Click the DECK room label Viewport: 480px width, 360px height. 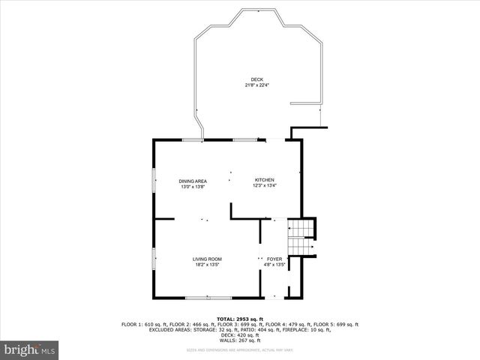point(256,80)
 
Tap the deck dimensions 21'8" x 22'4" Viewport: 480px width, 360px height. point(256,85)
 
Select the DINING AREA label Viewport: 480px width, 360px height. point(193,181)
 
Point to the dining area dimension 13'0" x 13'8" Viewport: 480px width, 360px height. point(193,186)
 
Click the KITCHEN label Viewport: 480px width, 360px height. point(265,180)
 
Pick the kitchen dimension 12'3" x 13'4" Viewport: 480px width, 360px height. point(265,185)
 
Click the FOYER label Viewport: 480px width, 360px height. point(274,259)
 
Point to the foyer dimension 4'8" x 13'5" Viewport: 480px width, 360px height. point(274,264)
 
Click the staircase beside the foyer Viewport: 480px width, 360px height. point(301,236)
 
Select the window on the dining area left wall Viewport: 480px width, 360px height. point(154,181)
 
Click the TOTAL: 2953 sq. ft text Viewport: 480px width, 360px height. point(239,319)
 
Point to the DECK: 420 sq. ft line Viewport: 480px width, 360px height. point(239,334)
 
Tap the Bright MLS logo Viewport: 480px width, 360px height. point(30,349)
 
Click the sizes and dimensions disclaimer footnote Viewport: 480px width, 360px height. point(239,349)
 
